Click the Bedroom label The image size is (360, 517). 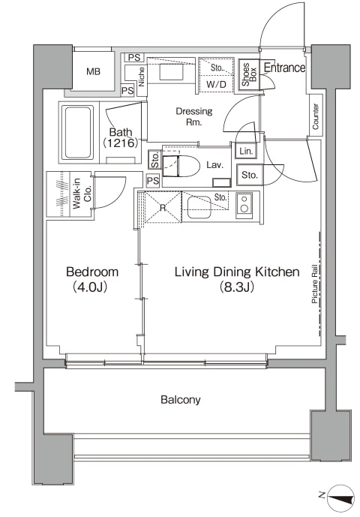tap(92, 272)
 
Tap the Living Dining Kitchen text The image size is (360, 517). tap(237, 272)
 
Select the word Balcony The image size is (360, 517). tap(180, 400)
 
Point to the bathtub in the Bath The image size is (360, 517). tap(79, 133)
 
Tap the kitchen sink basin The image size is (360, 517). tap(199, 207)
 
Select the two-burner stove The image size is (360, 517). tap(244, 206)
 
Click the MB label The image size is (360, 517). tap(93, 71)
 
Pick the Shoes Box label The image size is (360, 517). tap(249, 74)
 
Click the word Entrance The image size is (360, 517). tap(284, 68)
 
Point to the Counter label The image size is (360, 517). tap(316, 116)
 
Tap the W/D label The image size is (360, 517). tap(216, 84)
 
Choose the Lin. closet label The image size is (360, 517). tap(246, 152)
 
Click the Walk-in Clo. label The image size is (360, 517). tap(82, 194)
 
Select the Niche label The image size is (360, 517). tap(142, 77)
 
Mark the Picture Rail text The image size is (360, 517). tap(314, 284)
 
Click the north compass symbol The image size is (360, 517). tap(340, 498)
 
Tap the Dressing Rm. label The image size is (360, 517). tap(193, 116)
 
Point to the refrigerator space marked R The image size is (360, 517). tap(163, 208)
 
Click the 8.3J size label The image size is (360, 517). tap(237, 287)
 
